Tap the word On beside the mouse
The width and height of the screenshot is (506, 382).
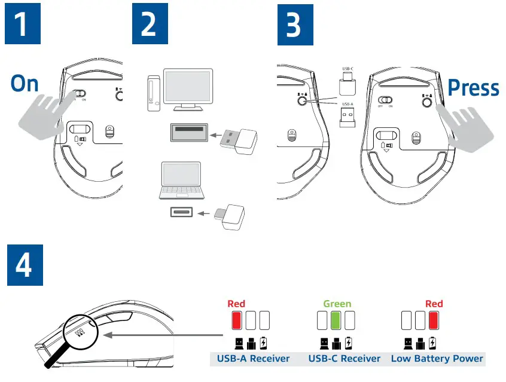(x=25, y=84)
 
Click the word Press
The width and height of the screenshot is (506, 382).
(x=473, y=88)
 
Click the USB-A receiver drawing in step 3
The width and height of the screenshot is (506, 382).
(x=348, y=118)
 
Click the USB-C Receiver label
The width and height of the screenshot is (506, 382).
(x=344, y=359)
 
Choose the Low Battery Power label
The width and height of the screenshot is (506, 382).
(x=437, y=359)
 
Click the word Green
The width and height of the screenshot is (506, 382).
(x=337, y=304)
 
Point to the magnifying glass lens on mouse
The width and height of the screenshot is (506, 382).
(x=78, y=330)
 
